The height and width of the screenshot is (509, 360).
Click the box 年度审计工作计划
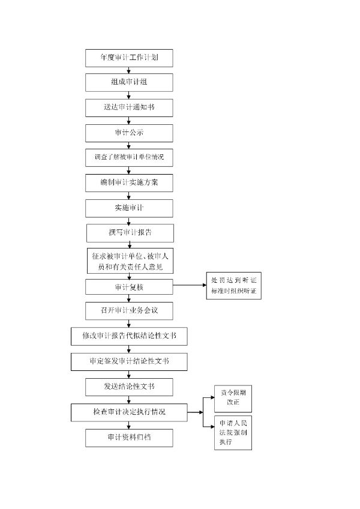tap(129, 58)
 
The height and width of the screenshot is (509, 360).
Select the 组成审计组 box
tap(129, 82)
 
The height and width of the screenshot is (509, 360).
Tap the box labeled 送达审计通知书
tap(129, 107)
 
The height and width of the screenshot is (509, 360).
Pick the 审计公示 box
tap(129, 133)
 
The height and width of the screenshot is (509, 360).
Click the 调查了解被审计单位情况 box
tap(129, 158)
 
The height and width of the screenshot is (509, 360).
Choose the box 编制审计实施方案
tap(129, 183)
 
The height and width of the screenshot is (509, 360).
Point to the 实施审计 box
tap(129, 208)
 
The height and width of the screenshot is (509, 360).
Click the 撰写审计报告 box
tap(130, 233)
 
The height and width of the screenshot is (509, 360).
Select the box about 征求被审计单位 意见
tap(130, 261)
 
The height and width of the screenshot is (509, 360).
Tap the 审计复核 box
tap(129, 287)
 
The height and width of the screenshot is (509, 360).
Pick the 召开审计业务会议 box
tap(129, 310)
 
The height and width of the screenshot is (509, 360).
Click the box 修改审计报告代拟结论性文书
tap(129, 336)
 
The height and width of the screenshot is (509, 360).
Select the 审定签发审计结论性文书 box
tap(129, 361)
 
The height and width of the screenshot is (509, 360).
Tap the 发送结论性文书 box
tap(129, 387)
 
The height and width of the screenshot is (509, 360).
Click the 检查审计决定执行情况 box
tap(129, 412)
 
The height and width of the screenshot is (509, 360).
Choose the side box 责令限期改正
tap(233, 397)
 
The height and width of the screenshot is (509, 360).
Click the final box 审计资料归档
tap(129, 438)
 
